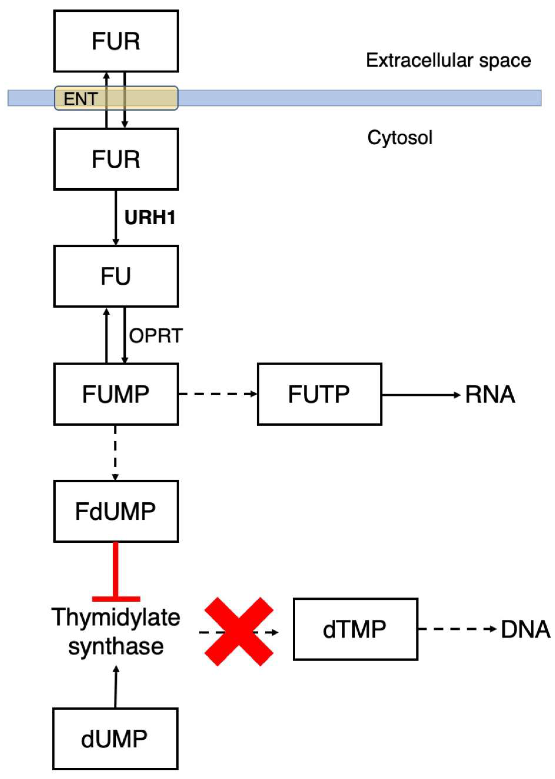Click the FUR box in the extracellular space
(116, 41)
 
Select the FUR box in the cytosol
(116, 159)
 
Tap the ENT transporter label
(81, 99)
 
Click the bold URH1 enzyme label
(150, 218)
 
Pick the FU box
(116, 276)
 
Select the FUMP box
(116, 394)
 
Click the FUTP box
(319, 394)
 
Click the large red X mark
(238, 632)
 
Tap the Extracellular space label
(448, 61)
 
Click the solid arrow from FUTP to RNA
(420, 395)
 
